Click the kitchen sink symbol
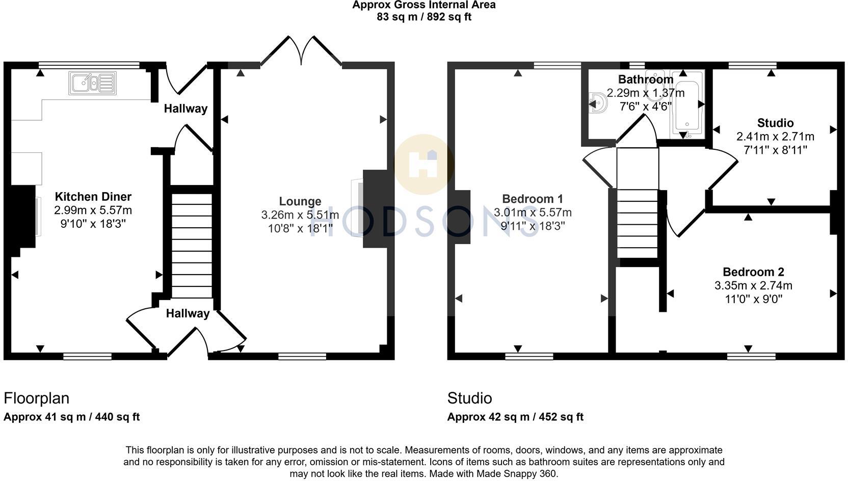click(x=92, y=83)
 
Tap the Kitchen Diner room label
click(x=93, y=197)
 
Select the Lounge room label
click(x=300, y=201)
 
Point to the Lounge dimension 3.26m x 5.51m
click(x=300, y=215)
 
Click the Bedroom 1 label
click(x=533, y=199)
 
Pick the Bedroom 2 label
click(x=753, y=272)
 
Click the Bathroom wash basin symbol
click(x=597, y=103)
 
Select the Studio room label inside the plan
click(x=775, y=123)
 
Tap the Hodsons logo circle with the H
click(x=424, y=164)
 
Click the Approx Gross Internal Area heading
click(x=424, y=5)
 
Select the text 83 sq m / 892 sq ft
click(x=424, y=17)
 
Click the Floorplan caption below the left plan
click(x=37, y=398)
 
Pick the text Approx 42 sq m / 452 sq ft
click(x=515, y=417)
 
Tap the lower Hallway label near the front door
click(x=188, y=313)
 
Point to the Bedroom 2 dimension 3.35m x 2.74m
click(x=753, y=285)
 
